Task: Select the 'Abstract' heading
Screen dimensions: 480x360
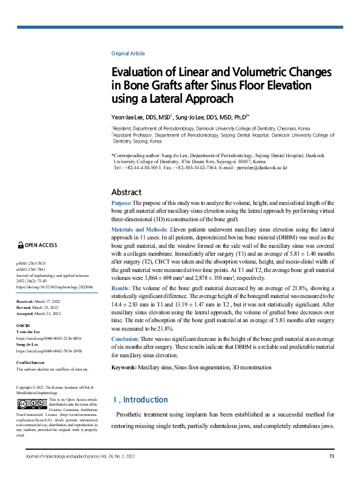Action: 126,192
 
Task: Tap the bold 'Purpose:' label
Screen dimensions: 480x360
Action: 122,203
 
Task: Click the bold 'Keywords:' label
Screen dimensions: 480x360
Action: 125,367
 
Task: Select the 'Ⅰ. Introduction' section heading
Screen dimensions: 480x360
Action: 141,400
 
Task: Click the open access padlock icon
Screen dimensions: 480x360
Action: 20,245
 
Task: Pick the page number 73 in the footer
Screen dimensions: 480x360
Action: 332,456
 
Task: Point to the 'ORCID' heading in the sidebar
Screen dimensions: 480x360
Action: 22,326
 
